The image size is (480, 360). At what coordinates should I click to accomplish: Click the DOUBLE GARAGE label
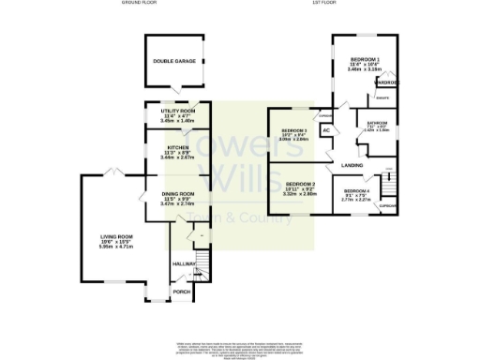(x=174, y=61)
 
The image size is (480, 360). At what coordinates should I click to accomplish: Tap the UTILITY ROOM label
(x=177, y=111)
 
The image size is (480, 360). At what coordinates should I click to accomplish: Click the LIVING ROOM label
(x=118, y=236)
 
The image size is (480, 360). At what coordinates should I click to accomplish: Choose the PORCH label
(x=183, y=292)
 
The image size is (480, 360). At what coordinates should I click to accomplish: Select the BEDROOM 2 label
(x=301, y=184)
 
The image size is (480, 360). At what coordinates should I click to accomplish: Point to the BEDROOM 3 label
(x=294, y=129)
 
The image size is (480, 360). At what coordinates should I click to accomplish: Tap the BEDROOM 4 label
(x=356, y=190)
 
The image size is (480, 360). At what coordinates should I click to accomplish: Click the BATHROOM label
(x=377, y=123)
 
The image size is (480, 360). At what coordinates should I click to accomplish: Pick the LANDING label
(x=352, y=165)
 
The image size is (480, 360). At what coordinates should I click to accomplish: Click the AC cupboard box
(x=325, y=131)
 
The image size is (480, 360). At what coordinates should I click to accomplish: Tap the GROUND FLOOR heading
(x=138, y=4)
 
